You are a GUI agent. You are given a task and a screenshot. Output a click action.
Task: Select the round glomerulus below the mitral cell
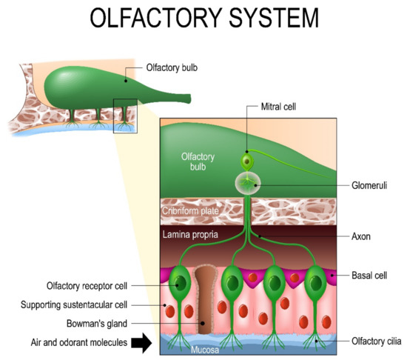248,182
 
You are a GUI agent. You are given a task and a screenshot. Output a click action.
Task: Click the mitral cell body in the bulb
247,161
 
